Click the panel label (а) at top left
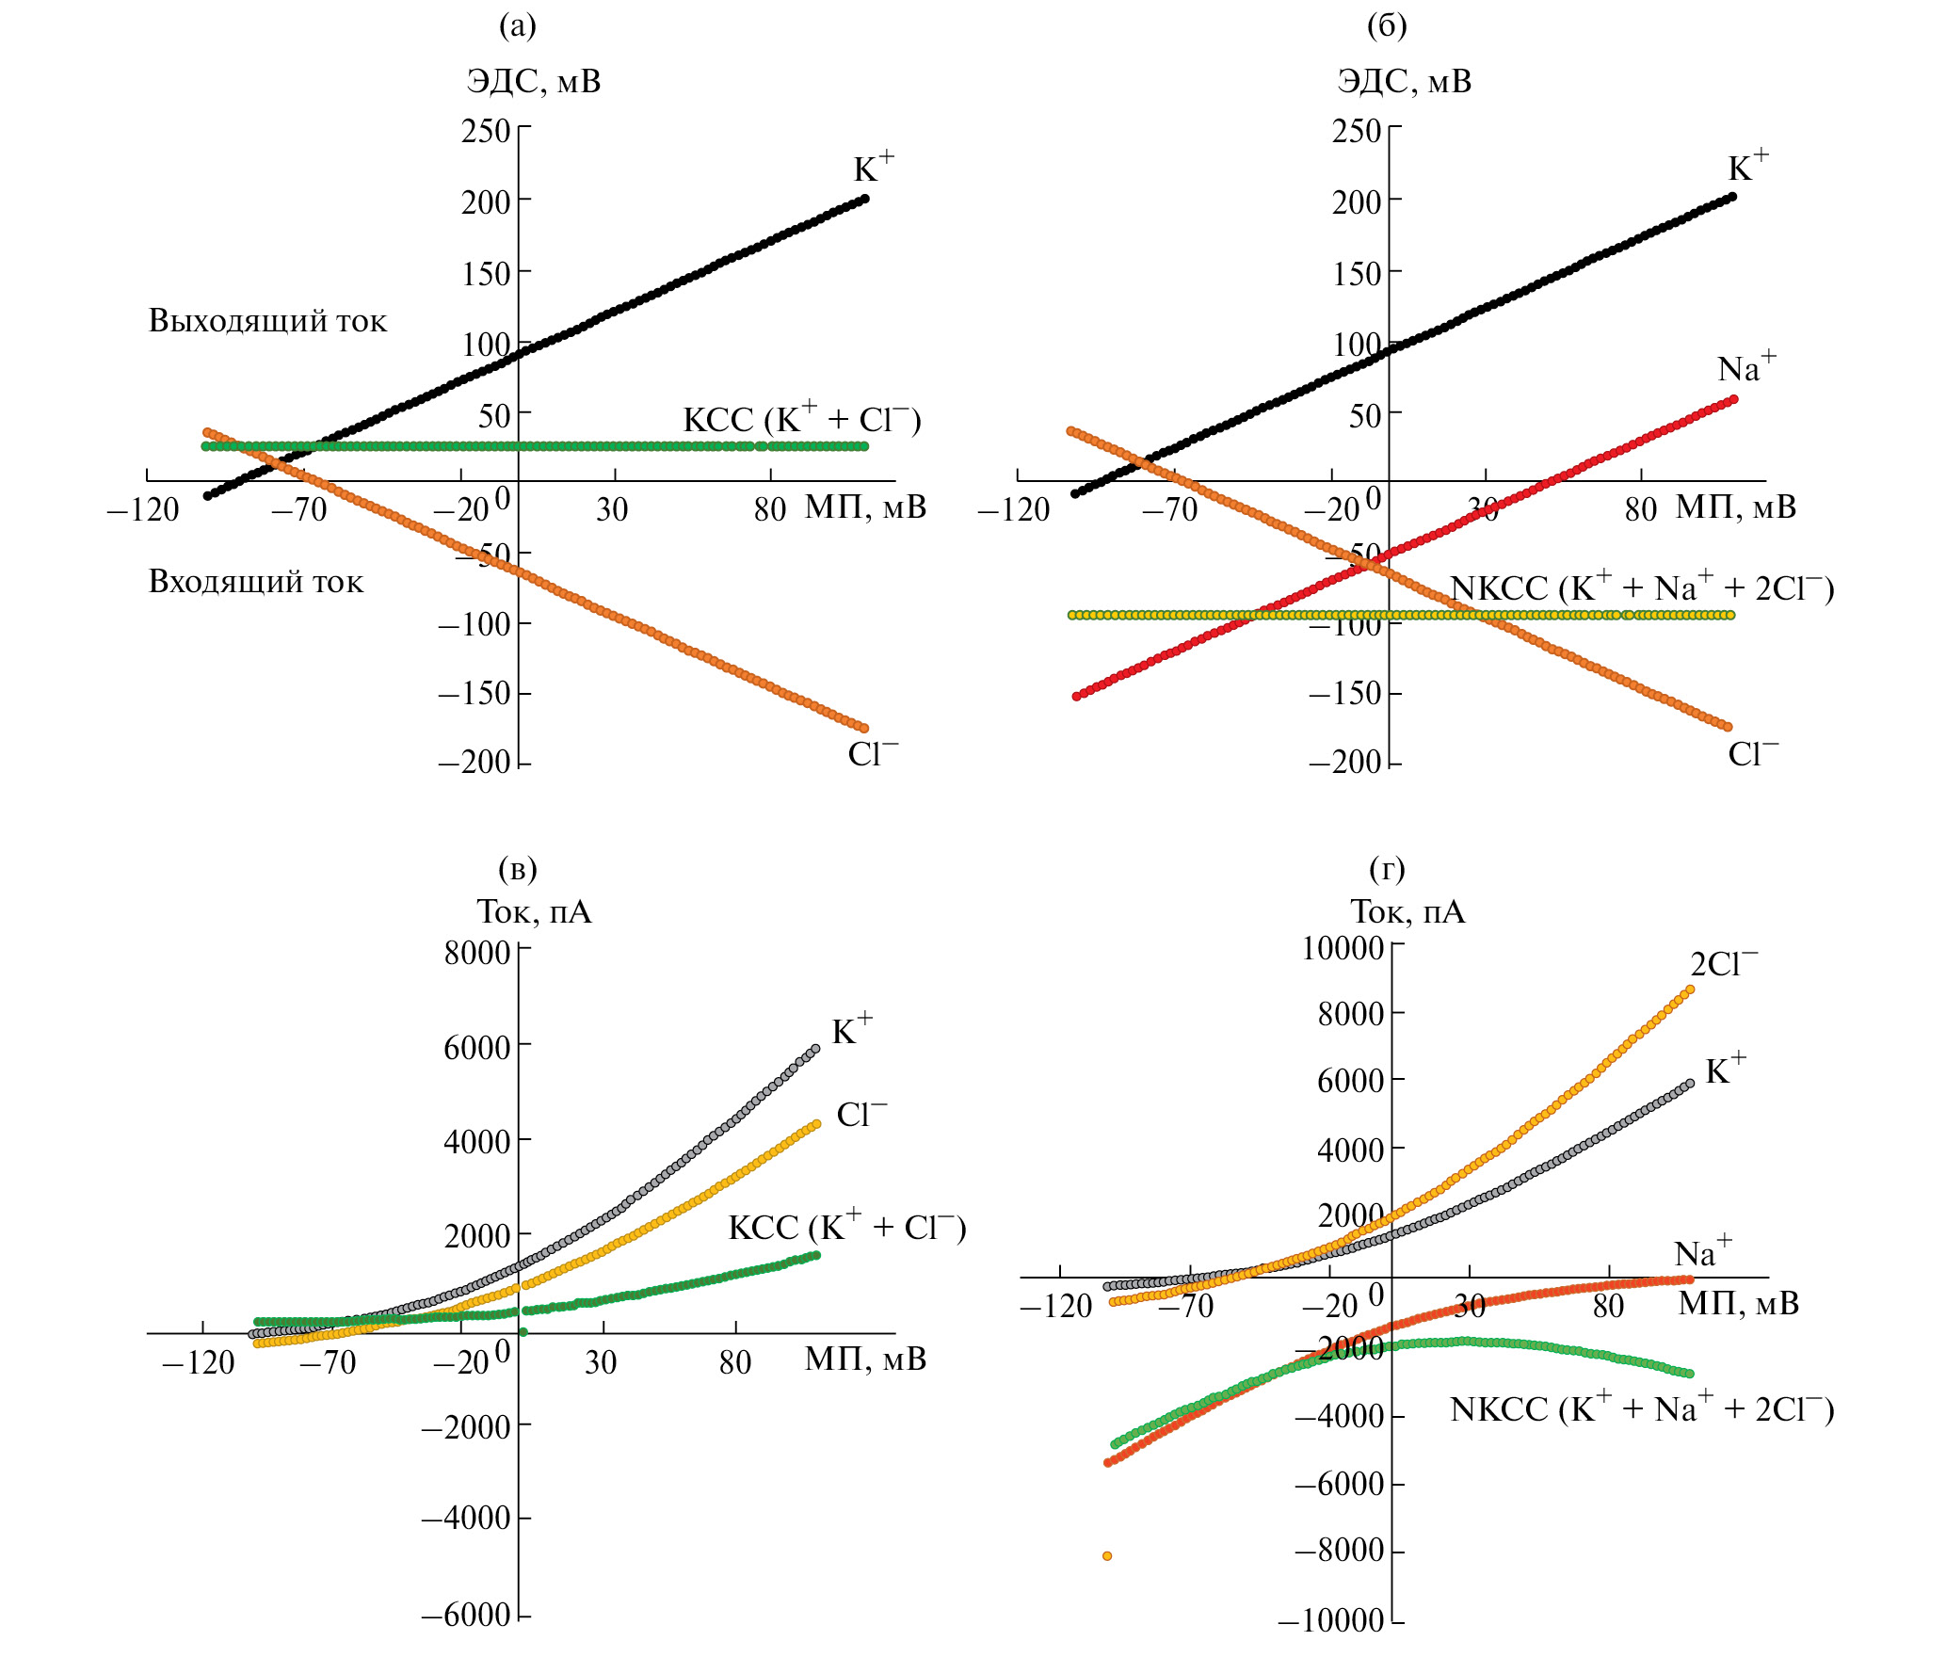pos(517,26)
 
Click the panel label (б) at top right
pos(1387,26)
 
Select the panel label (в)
pos(517,868)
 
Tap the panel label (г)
pos(1387,868)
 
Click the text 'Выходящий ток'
pos(267,321)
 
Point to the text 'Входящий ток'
pos(255,582)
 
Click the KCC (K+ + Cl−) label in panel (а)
pos(801,419)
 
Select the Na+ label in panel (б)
pos(1745,367)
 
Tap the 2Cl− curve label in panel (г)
pos(1723,963)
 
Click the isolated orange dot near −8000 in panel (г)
pos(1107,1556)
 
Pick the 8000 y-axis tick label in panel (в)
pos(477,953)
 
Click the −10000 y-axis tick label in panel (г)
pos(1330,1621)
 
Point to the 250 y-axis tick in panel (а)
pos(485,131)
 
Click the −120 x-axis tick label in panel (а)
pos(143,510)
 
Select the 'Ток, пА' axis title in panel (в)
pos(534,911)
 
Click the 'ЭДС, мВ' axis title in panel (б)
pos(1404,81)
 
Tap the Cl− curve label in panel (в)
pos(861,1114)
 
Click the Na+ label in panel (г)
pos(1702,1253)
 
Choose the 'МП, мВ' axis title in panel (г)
pos(1738,1303)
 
